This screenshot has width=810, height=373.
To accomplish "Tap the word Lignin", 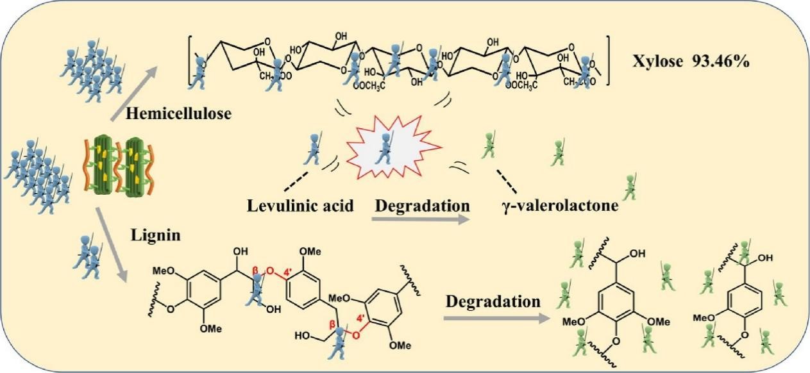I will click(156, 235).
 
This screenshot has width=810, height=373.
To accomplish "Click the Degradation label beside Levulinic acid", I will click(422, 206).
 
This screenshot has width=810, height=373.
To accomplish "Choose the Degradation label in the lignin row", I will click(491, 301).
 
